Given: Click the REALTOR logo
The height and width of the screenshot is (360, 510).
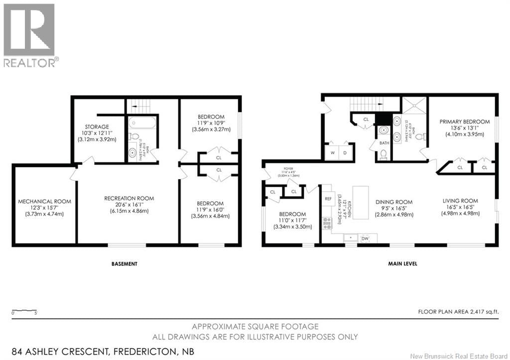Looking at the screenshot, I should click(29, 35).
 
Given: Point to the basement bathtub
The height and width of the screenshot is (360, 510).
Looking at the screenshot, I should click(142, 122).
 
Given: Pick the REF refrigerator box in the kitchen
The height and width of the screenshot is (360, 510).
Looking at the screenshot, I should click(328, 198).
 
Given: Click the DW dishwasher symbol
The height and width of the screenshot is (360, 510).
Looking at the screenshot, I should click(365, 238).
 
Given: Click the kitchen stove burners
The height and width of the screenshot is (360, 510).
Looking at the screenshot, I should click(328, 224).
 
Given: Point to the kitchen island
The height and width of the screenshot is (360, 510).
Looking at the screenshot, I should click(361, 202).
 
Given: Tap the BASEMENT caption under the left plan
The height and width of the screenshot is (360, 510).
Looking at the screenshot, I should click(124, 263).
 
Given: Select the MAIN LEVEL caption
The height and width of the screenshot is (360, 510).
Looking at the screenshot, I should click(402, 263).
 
